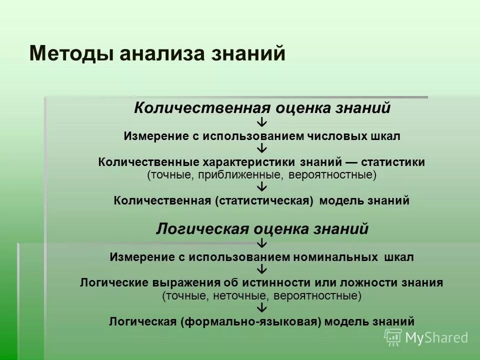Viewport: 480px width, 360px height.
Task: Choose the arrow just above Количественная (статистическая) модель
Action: (x=263, y=187)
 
